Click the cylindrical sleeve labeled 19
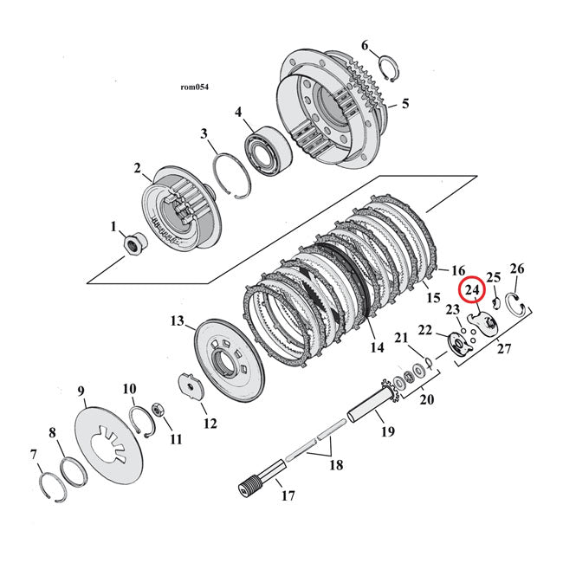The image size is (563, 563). pyautogui.click(x=370, y=405)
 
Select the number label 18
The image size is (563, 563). pyautogui.click(x=335, y=465)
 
